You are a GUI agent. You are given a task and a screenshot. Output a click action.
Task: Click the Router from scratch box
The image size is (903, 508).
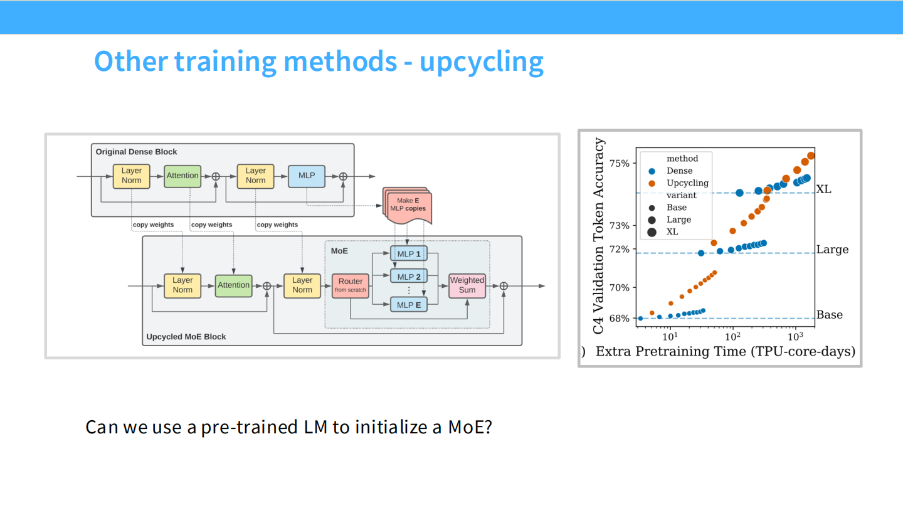point(351,286)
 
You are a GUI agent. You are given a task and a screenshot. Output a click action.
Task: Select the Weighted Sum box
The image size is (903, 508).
point(467,285)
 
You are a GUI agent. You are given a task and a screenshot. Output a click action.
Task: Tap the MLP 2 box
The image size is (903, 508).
point(409,277)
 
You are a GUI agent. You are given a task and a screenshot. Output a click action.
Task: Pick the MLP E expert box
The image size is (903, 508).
point(409,305)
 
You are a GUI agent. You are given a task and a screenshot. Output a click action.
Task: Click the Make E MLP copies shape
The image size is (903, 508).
point(407,205)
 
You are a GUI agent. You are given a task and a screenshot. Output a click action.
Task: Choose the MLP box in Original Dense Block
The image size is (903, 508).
point(307,176)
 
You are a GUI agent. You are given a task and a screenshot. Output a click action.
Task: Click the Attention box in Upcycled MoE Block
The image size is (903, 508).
point(233,285)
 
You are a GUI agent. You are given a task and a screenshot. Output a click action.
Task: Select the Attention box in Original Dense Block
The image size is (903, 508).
point(182,176)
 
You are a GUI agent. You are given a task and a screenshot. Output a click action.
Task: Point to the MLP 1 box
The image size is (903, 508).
point(409,253)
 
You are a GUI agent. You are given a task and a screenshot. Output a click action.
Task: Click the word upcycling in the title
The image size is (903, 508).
point(482,61)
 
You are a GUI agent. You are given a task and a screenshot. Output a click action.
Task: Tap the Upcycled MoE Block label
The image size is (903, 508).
point(186,337)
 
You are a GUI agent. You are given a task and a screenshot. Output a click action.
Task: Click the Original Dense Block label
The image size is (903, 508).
point(136,152)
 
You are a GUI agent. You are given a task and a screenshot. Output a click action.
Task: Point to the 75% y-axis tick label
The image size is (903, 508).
point(619,163)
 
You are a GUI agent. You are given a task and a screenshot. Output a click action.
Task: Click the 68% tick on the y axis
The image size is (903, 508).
point(619,319)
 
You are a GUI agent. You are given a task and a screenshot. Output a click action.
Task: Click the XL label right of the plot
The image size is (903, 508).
point(823,189)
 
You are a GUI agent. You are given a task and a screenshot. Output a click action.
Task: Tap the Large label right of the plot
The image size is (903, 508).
point(833,250)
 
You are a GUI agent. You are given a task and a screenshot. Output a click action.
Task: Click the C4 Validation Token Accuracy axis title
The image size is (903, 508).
point(599,236)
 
